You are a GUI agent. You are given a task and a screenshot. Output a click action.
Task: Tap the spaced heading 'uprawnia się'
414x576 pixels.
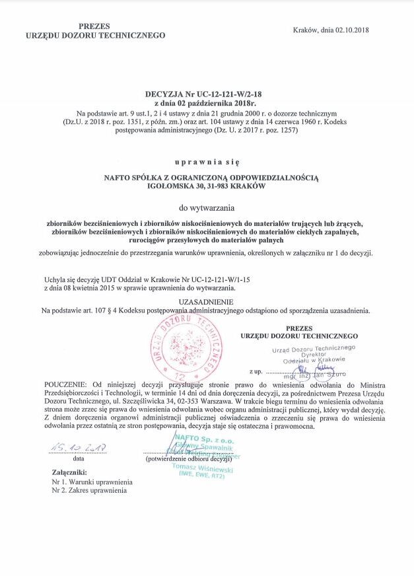click(x=207, y=161)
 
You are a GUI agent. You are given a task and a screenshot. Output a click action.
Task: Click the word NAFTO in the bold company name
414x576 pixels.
click(x=121, y=178)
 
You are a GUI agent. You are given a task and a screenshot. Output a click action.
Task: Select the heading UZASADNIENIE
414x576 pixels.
click(x=206, y=301)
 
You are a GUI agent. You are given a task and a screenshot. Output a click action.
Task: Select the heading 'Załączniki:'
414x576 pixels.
click(x=69, y=473)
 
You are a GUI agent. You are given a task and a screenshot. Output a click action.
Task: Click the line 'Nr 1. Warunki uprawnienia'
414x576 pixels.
click(x=91, y=482)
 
